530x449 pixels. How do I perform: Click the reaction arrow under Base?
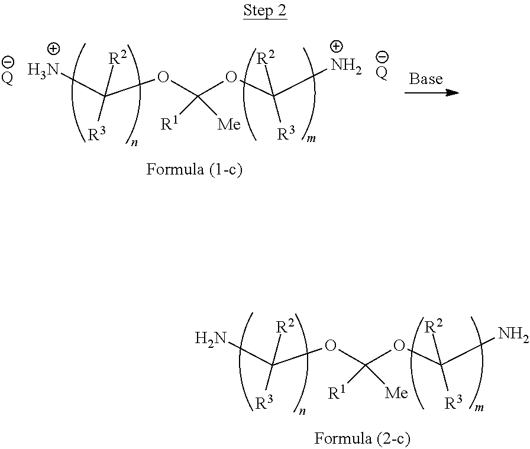click(x=432, y=93)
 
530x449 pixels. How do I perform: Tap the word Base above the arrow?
click(x=426, y=79)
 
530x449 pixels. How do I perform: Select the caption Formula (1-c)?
click(x=194, y=170)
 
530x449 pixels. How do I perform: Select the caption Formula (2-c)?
click(x=362, y=438)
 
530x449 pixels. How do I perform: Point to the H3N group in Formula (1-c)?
click(x=44, y=70)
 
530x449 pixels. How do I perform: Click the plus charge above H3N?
click(x=53, y=49)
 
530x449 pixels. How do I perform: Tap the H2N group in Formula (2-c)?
click(x=211, y=338)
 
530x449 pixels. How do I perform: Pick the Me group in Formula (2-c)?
click(x=396, y=393)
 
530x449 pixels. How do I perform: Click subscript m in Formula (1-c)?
click(x=312, y=141)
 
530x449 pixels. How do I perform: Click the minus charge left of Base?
click(x=383, y=57)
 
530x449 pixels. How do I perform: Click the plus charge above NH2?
click(x=336, y=46)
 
